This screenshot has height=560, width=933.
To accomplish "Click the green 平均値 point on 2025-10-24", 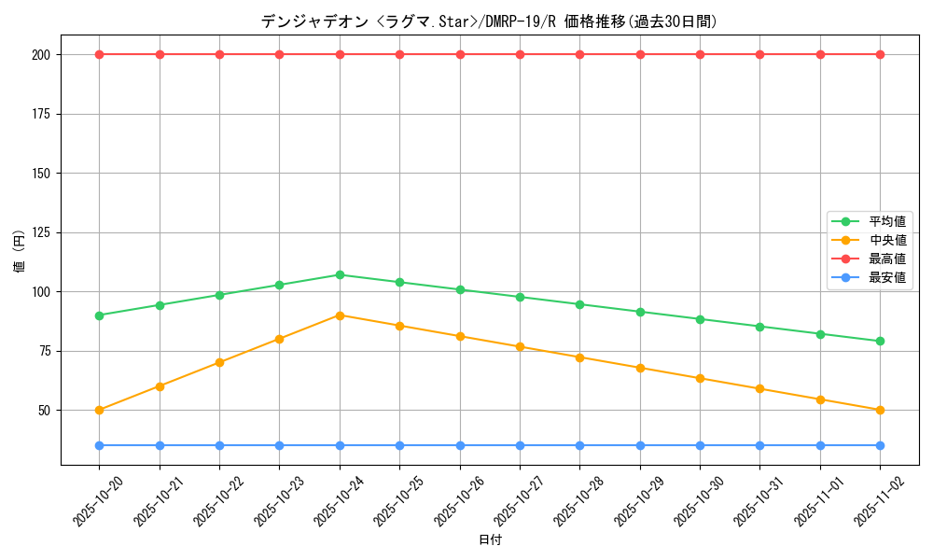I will (x=340, y=274).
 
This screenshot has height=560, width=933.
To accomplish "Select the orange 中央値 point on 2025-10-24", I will (x=340, y=315).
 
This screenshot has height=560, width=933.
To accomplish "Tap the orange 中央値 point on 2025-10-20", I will (x=99, y=410).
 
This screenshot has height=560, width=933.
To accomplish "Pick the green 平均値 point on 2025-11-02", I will (x=880, y=342).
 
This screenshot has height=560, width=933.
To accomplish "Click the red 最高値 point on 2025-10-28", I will (x=579, y=54).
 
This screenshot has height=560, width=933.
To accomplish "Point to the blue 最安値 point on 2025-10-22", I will (x=219, y=445).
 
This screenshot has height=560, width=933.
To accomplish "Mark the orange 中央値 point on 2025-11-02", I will (x=880, y=410).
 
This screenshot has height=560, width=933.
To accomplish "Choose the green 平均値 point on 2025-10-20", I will (x=99, y=315).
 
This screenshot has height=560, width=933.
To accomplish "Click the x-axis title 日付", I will (x=490, y=540).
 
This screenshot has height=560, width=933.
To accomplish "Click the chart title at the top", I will (x=490, y=21).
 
